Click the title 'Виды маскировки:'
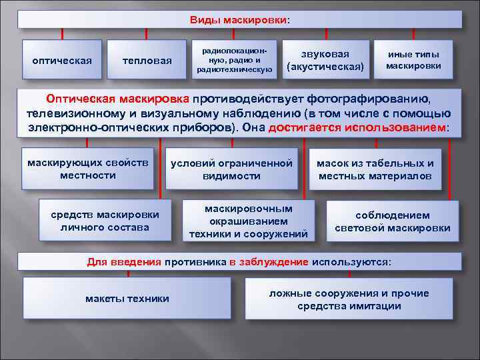[x=240, y=19]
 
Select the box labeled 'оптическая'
[x=62, y=61]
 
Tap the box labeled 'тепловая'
[x=147, y=61]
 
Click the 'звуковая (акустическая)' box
[x=325, y=60]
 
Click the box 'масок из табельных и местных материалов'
[x=375, y=169]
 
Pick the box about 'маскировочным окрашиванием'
[x=248, y=221]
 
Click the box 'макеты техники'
[x=127, y=298]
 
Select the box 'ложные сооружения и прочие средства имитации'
[x=349, y=300]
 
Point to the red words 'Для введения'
[x=124, y=261]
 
